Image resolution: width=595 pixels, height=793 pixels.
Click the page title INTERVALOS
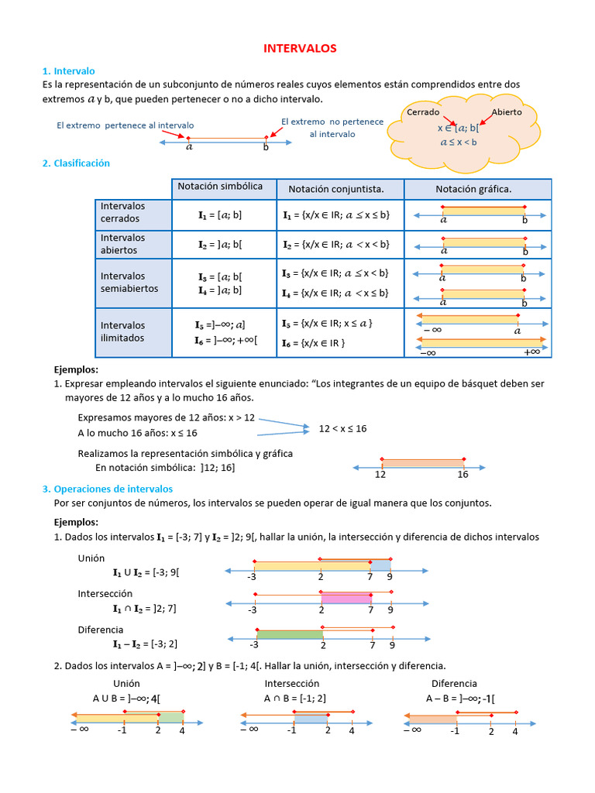(x=300, y=48)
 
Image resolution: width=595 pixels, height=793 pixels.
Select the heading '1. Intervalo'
(x=69, y=70)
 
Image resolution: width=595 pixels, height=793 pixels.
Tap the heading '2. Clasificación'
(x=76, y=163)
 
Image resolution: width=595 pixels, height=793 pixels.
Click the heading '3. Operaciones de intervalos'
(x=108, y=489)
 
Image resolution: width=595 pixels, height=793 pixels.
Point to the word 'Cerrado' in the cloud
(x=423, y=112)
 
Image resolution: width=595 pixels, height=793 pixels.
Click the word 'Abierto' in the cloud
(x=507, y=112)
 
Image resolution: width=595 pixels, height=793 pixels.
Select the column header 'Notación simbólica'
(x=220, y=187)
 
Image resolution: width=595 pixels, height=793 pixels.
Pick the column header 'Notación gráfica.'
(x=473, y=189)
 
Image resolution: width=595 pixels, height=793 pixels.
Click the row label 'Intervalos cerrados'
(x=122, y=212)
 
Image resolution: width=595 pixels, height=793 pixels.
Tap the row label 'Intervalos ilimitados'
(x=122, y=331)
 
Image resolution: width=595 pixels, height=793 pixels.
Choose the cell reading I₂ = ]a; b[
(x=219, y=244)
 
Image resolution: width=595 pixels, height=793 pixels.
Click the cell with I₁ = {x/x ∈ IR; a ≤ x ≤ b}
(x=336, y=215)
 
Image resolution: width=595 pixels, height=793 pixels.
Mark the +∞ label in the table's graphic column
(x=531, y=352)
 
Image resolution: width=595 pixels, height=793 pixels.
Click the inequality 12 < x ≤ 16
(x=342, y=428)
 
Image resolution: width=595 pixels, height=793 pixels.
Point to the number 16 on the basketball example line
(x=463, y=474)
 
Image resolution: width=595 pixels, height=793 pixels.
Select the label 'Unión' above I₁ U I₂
(x=91, y=558)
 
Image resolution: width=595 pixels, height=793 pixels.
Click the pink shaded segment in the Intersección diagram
(x=346, y=598)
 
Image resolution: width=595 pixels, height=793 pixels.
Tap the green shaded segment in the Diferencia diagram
(x=289, y=635)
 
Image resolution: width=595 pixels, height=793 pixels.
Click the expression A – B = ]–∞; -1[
(x=460, y=698)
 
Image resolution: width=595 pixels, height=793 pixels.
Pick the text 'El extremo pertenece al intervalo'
(x=126, y=125)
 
